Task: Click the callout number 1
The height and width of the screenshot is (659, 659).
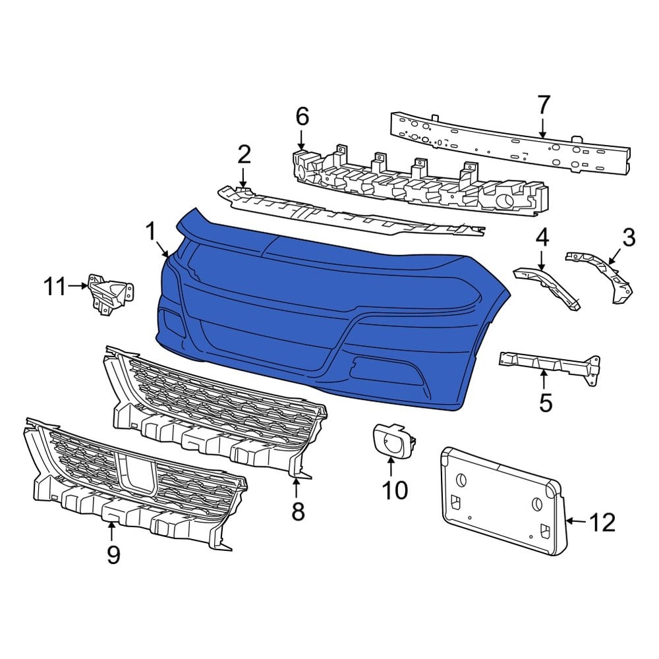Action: pos(151,232)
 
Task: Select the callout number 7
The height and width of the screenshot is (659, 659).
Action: pos(543,105)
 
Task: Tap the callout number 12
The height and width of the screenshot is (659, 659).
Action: pos(601,523)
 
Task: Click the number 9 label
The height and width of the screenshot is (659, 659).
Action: pos(113,555)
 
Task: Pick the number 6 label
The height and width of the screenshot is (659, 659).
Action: pos(302,117)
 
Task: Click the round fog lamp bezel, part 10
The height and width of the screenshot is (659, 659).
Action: pos(393,440)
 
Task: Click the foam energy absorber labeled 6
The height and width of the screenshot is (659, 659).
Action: pos(422,185)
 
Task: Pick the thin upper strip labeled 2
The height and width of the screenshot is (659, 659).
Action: pos(349,214)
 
